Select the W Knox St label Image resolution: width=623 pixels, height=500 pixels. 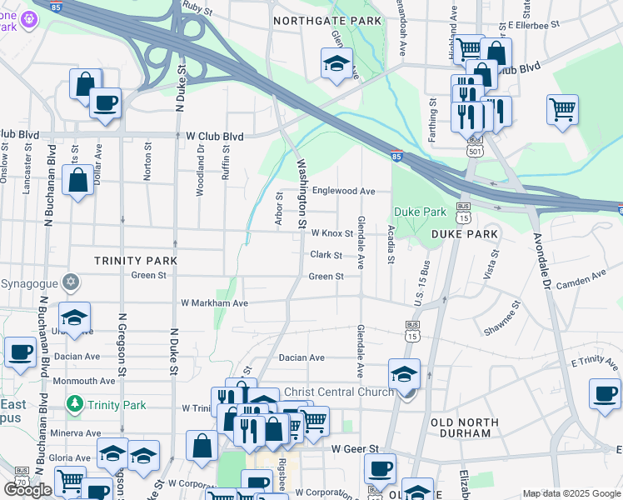click(x=331, y=233)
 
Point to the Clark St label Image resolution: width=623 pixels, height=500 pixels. click(x=326, y=255)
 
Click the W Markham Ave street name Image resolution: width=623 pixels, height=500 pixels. click(x=215, y=303)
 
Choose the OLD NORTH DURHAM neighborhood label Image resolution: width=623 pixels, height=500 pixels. click(x=478, y=422)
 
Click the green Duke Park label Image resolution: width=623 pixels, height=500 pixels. click(x=420, y=212)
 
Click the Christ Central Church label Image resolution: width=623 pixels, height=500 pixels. click(x=339, y=392)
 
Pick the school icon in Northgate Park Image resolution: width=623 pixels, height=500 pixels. click(x=336, y=63)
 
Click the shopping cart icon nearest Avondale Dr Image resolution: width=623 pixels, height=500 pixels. click(x=563, y=108)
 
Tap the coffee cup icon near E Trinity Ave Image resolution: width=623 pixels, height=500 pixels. click(x=605, y=392)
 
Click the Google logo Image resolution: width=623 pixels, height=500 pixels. click(x=27, y=490)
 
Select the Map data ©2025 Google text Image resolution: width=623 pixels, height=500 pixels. click(x=571, y=493)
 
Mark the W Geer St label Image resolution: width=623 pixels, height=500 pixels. click(x=355, y=448)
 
